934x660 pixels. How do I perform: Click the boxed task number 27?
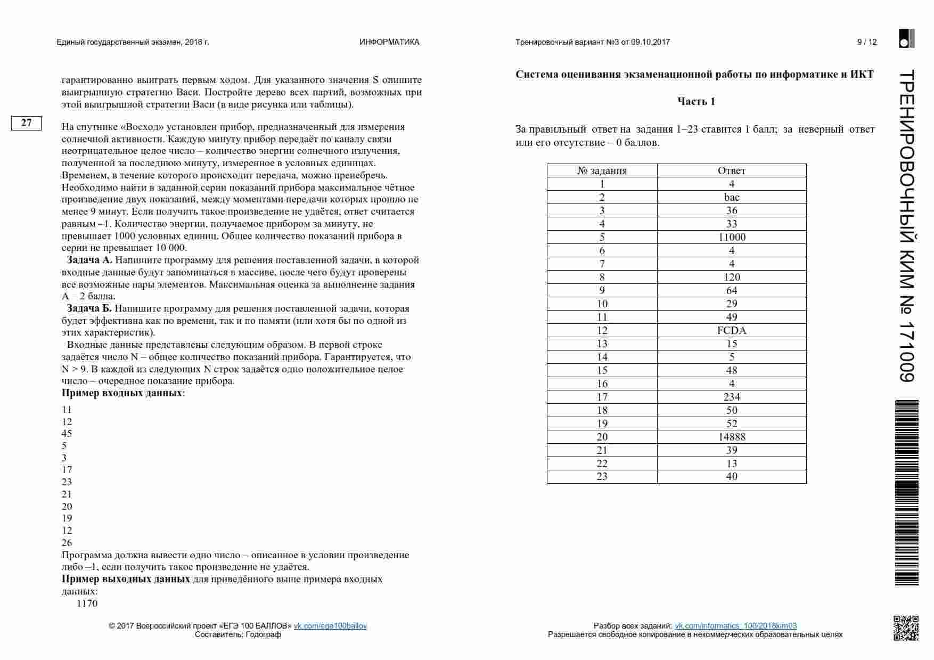click(26, 123)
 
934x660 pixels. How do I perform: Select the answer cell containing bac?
click(732, 197)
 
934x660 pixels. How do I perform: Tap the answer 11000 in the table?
click(732, 237)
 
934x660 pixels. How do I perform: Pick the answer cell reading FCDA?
click(732, 330)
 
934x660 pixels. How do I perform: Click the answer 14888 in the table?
click(732, 437)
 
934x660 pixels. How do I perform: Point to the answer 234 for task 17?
click(732, 397)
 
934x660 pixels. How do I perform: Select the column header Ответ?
click(732, 170)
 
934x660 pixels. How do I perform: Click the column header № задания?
click(602, 170)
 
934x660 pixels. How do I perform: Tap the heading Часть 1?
click(696, 101)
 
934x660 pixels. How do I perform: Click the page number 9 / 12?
click(866, 42)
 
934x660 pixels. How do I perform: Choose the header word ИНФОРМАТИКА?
click(389, 42)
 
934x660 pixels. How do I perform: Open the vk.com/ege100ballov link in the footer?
click(330, 626)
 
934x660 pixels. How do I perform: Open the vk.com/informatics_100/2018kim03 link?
click(735, 626)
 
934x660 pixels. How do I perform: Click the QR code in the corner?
click(905, 628)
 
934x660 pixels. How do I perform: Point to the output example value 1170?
click(87, 604)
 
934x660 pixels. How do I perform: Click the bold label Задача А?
click(89, 260)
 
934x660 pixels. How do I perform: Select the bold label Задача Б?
click(89, 308)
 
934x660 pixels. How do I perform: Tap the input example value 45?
click(67, 434)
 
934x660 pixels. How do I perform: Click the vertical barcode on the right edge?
click(906, 493)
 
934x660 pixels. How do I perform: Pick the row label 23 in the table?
click(602, 477)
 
